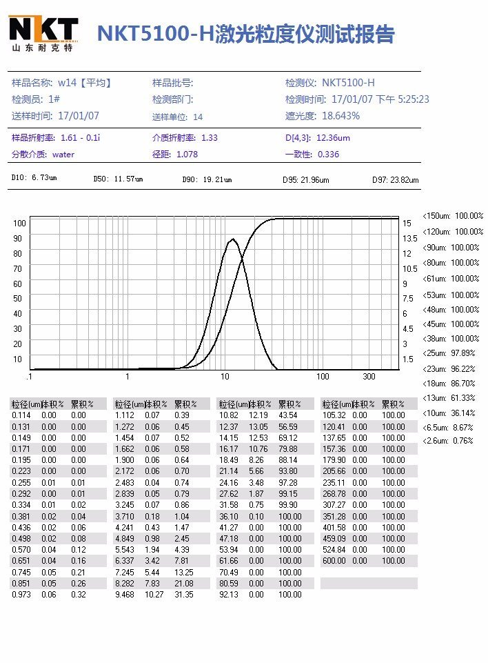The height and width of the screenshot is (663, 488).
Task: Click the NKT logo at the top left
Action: click(43, 33)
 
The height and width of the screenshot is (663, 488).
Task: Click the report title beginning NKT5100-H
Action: click(245, 34)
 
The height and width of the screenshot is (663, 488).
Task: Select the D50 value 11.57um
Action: click(128, 179)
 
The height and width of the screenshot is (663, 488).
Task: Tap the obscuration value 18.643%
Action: click(341, 116)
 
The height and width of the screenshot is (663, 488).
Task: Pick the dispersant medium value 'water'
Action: click(63, 155)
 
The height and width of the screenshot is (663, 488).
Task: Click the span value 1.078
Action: click(187, 155)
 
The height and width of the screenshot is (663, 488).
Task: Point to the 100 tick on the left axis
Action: click(19, 224)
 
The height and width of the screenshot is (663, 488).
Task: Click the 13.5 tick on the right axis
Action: click(410, 239)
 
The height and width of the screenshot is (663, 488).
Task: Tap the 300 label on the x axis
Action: click(369, 377)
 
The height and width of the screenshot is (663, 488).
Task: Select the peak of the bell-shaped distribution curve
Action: click(233, 239)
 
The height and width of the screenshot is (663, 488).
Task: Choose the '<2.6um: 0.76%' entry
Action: click(448, 441)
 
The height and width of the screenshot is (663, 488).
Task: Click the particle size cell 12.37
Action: click(228, 426)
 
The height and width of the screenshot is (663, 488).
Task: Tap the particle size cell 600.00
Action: click(334, 561)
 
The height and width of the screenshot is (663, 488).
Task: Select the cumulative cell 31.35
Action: click(183, 594)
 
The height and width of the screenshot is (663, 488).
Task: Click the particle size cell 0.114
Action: click(21, 415)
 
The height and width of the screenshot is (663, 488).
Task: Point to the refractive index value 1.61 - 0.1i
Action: click(81, 138)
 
